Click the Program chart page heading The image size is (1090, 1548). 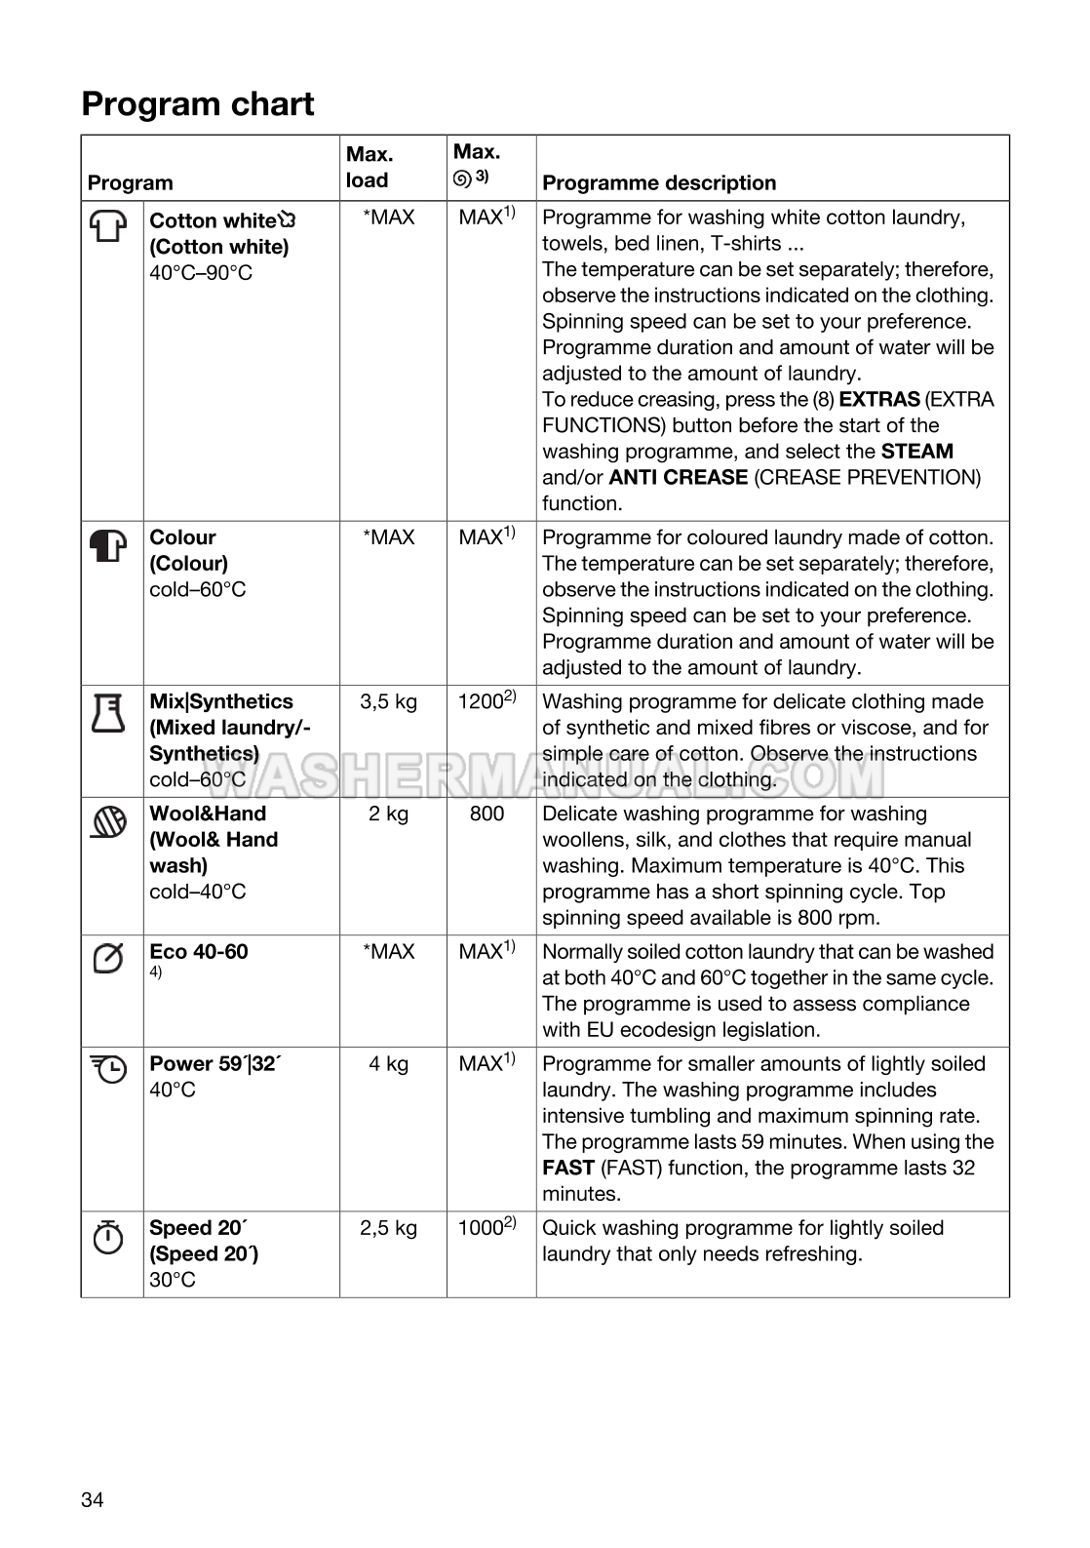click(198, 103)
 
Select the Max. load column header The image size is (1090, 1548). click(369, 167)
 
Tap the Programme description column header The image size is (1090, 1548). click(659, 182)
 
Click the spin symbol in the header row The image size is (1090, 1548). click(462, 178)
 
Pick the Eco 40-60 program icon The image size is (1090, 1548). click(108, 959)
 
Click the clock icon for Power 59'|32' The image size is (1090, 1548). click(108, 1070)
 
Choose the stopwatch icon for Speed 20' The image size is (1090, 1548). click(108, 1237)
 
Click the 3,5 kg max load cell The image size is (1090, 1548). click(388, 701)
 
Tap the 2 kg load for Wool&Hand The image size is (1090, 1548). click(388, 814)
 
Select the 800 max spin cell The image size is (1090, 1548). click(487, 814)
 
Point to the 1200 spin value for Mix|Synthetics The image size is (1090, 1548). click(481, 701)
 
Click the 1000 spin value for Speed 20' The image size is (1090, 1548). click(481, 1228)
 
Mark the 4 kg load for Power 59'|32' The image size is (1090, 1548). click(388, 1063)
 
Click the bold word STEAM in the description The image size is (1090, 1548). click(916, 451)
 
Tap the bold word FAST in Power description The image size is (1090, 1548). click(568, 1168)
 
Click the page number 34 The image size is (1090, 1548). click(93, 1500)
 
